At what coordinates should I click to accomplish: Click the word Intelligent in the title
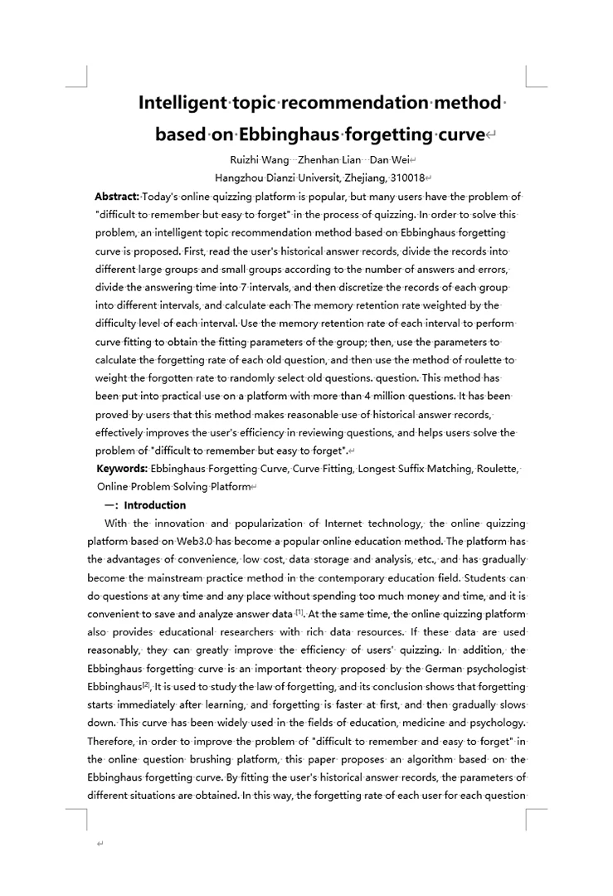[x=182, y=103]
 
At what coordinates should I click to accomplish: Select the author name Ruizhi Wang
[x=260, y=160]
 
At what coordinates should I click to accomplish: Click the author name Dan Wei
[x=390, y=160]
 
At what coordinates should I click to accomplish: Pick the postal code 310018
[x=406, y=178]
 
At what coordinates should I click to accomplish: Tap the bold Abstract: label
[x=117, y=197]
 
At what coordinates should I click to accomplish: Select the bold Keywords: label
[x=122, y=470]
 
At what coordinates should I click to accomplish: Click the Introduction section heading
[x=155, y=505]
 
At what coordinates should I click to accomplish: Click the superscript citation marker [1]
[x=300, y=612]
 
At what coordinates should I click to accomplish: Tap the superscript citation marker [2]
[x=146, y=684]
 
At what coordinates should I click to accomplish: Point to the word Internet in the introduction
[x=345, y=523]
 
